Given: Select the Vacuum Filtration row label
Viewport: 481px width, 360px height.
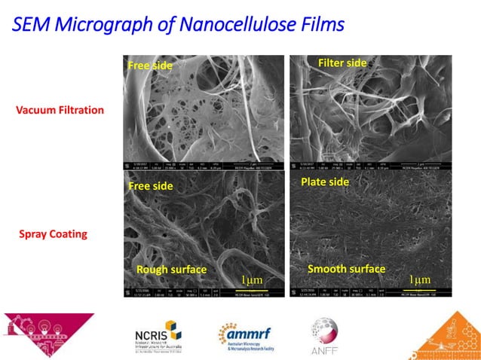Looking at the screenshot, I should [60, 110].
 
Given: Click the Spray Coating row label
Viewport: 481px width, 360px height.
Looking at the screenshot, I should [53, 233].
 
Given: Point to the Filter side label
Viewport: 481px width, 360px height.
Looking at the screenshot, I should [342, 63].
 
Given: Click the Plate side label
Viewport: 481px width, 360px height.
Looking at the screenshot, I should [325, 182].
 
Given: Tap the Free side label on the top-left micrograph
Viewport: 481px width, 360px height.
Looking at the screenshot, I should [150, 66].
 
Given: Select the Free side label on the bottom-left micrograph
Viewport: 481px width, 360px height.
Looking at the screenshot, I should [150, 186].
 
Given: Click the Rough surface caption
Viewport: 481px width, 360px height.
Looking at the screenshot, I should [171, 269].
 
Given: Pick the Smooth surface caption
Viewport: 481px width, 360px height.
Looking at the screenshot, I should [346, 269].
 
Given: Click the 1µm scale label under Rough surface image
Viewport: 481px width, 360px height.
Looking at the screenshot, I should [252, 280].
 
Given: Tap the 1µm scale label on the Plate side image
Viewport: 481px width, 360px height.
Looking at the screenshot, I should [420, 279].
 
